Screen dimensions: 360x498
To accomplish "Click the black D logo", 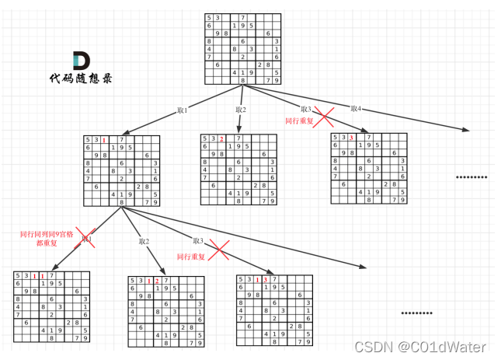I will point(81,61).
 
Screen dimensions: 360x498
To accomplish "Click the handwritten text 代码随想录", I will point(81,78).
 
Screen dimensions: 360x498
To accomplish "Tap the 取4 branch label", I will point(356,108).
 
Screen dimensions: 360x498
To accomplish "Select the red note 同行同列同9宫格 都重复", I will point(46,237).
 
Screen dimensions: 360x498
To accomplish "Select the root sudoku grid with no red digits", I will point(242,49).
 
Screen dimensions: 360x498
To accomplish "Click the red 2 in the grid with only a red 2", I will point(221,139).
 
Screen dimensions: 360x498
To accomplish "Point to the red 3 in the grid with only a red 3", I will point(352,139).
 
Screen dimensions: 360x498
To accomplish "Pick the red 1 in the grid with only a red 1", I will point(103,141).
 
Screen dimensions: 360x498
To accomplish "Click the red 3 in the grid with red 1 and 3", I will point(266,280).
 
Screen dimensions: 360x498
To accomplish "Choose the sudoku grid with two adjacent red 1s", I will point(51,307).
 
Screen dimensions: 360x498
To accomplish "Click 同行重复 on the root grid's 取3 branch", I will point(299,121).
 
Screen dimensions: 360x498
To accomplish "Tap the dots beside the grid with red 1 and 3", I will point(417,313).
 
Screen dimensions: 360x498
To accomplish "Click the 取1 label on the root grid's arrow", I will point(183,110).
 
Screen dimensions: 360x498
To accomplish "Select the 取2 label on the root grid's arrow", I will point(241,110).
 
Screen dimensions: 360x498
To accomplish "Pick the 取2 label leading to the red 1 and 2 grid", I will point(144,241).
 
